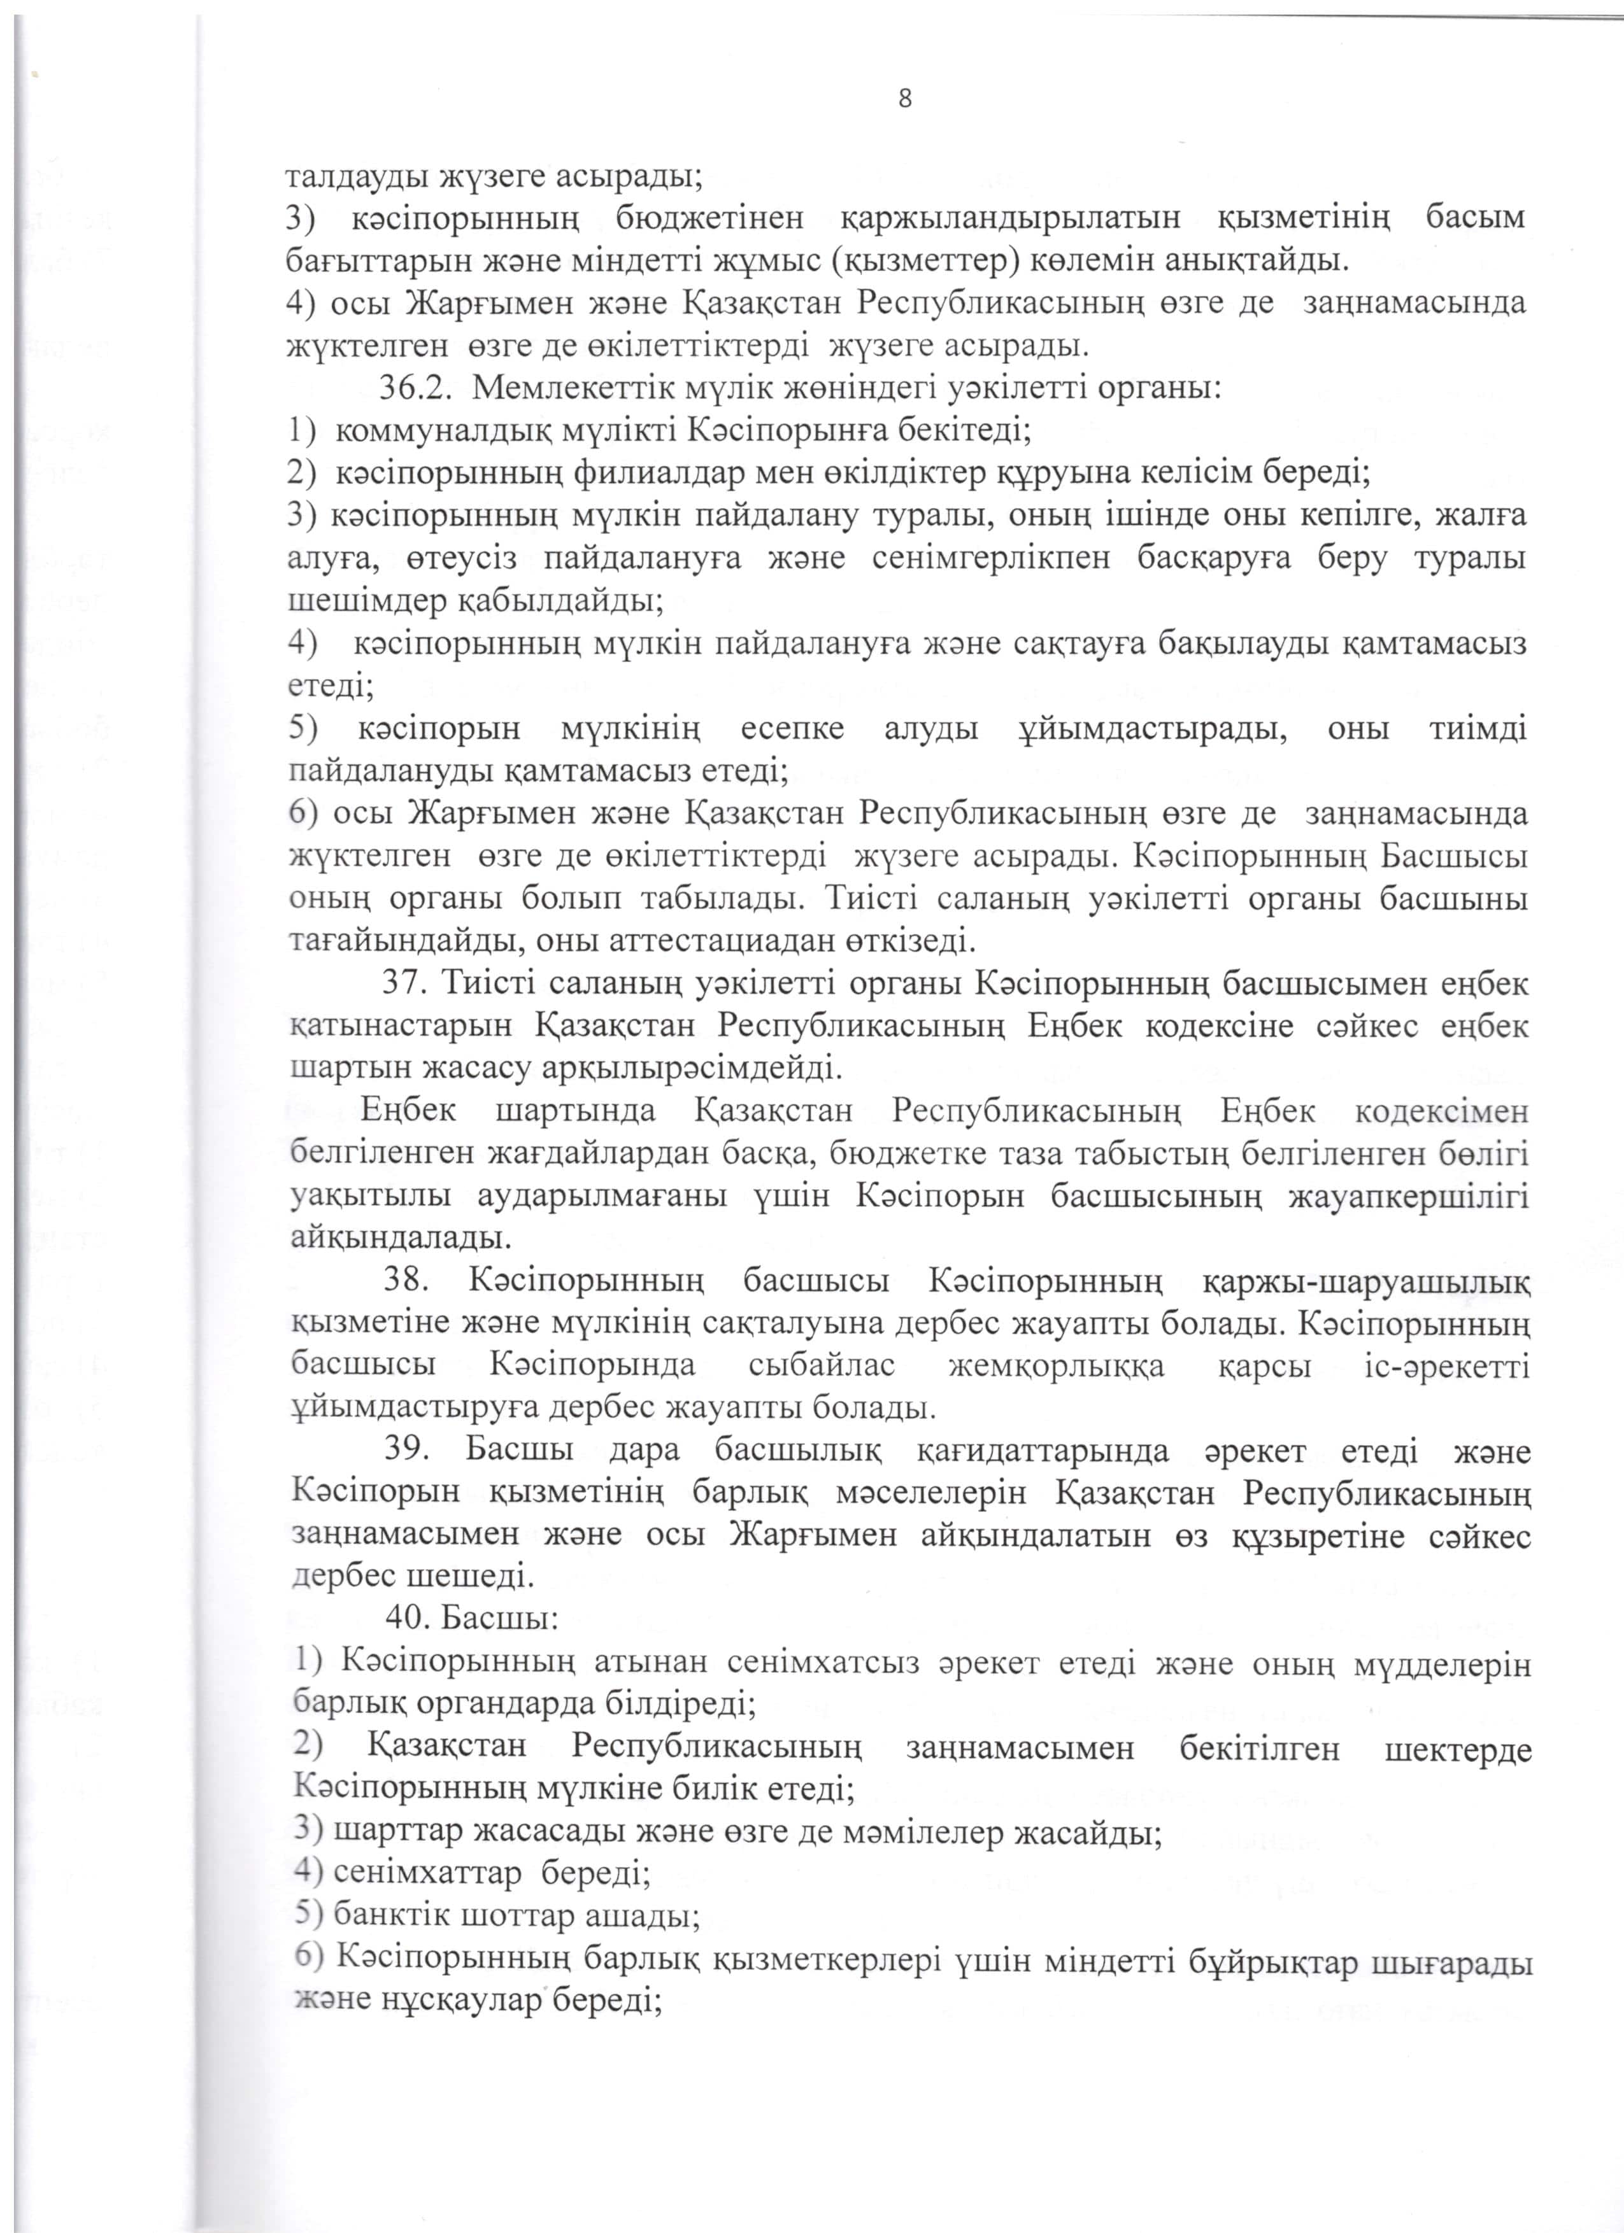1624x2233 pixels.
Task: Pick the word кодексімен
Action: click(x=1442, y=1111)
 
